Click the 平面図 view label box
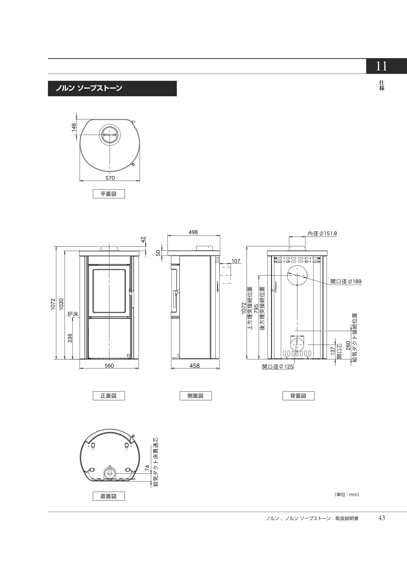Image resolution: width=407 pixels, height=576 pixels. (x=109, y=194)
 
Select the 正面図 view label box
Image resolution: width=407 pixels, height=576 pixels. (x=109, y=396)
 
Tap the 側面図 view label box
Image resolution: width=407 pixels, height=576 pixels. (x=196, y=396)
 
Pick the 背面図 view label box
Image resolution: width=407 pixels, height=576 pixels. (x=298, y=396)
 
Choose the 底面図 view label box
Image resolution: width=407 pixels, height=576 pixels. (x=109, y=496)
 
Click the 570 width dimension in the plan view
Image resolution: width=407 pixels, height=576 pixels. (x=110, y=178)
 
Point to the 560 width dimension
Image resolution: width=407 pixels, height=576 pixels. (x=109, y=365)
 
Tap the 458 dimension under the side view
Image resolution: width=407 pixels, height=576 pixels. (x=194, y=365)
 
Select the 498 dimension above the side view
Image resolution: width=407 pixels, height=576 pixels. (x=193, y=232)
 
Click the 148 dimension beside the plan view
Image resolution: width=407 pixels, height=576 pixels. (x=74, y=127)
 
